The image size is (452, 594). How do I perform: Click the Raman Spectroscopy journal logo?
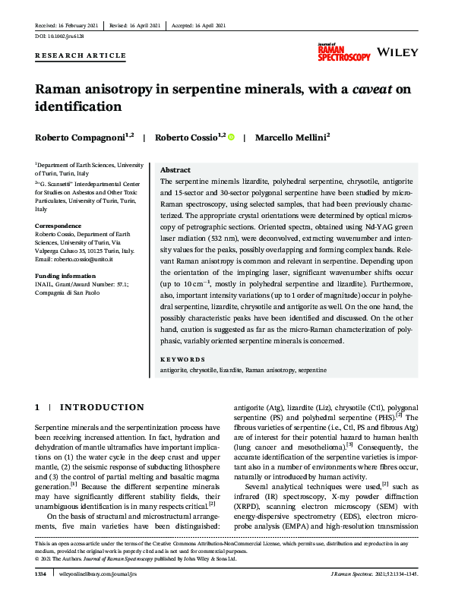(x=344, y=52)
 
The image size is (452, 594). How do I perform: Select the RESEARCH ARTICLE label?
(x=81, y=55)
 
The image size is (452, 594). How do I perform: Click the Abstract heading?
(x=175, y=170)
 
